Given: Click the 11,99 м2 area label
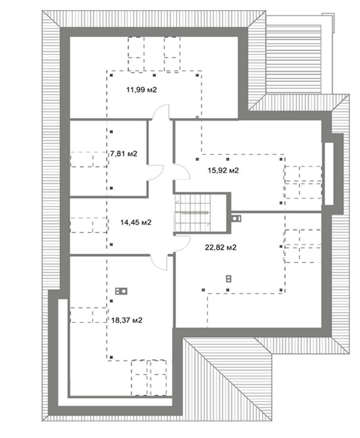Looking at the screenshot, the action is pyautogui.click(x=141, y=90).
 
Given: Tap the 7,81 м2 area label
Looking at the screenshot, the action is pyautogui.click(x=124, y=154).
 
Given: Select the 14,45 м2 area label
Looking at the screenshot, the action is pyautogui.click(x=136, y=223).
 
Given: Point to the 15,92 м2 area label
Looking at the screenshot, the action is pyautogui.click(x=223, y=170).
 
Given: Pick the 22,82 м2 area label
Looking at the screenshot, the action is pyautogui.click(x=221, y=247).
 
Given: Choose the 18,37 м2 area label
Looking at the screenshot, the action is pyautogui.click(x=127, y=320).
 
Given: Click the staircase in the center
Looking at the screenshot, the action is pyautogui.click(x=193, y=212).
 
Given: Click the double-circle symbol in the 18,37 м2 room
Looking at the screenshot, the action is pyautogui.click(x=121, y=291).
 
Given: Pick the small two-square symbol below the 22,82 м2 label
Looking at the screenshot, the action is pyautogui.click(x=229, y=279).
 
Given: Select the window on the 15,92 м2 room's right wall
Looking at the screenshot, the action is pyautogui.click(x=329, y=174).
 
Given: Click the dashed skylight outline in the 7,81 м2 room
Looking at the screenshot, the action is pyautogui.click(x=88, y=159).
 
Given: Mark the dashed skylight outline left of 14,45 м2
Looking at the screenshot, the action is pyautogui.click(x=88, y=225).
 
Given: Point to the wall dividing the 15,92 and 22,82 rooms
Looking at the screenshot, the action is pyautogui.click(x=276, y=212).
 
